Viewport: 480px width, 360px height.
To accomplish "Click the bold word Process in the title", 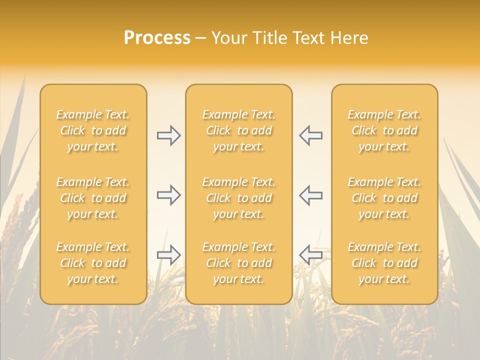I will tap(157, 38).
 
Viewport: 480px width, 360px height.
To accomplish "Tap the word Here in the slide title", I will tap(349, 38).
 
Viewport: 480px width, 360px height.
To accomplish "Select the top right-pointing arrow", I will tap(168, 135).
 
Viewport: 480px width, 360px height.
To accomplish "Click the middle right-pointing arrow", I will tap(168, 195).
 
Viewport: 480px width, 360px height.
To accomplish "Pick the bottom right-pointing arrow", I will tap(168, 254).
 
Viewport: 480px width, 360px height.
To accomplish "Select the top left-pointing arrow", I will tap(310, 135).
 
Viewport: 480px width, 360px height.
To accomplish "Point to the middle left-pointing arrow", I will tap(310, 195).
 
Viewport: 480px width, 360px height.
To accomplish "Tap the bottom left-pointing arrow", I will tap(310, 254).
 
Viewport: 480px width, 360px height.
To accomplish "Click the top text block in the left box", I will tap(93, 130).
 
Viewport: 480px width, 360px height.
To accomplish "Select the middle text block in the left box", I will tap(93, 198).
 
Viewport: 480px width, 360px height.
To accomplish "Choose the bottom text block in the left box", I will tap(93, 263).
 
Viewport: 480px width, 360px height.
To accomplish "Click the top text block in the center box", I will tap(239, 130).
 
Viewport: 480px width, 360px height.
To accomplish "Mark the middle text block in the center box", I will tap(239, 198).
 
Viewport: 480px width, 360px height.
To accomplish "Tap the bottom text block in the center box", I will tap(239, 263).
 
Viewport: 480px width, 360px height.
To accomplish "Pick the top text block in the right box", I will tap(384, 130).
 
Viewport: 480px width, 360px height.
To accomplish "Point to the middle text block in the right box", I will tap(384, 198).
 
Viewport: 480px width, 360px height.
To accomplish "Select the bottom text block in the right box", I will tap(384, 263).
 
